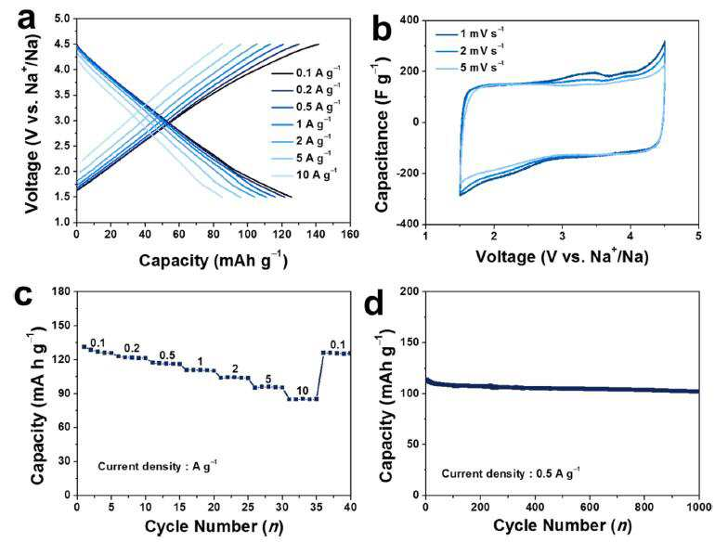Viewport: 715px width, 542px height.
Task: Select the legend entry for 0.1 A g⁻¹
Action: tap(306, 72)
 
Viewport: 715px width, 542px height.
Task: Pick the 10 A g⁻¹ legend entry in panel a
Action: tap(305, 174)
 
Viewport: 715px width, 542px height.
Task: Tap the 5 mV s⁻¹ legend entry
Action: tap(470, 67)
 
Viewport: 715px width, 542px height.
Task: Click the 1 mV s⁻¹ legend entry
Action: tap(470, 33)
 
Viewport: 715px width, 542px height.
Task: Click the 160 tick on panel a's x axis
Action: tap(350, 234)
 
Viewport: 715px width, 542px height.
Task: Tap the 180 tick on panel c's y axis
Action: tap(62, 291)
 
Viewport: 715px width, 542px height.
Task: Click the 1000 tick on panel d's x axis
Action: tap(700, 507)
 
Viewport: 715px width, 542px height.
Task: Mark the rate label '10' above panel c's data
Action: tap(303, 391)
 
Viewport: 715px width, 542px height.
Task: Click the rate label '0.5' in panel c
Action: tap(167, 355)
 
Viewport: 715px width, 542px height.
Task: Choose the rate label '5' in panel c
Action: tap(268, 379)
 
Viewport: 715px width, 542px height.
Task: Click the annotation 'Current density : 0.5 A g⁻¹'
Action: tap(511, 473)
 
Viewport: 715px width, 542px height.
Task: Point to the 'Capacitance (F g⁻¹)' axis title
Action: tap(382, 135)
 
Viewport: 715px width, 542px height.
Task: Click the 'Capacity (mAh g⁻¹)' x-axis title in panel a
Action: tap(213, 260)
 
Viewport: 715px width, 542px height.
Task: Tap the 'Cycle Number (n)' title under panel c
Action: tap(214, 526)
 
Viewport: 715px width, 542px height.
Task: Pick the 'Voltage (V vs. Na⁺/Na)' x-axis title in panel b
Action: tap(562, 256)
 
